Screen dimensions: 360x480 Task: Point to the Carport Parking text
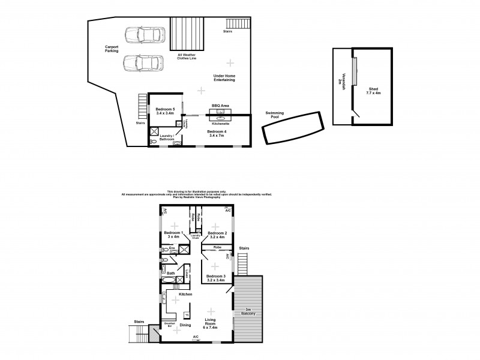click(112, 49)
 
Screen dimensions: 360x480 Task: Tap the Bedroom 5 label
click(164, 110)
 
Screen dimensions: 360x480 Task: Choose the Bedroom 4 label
click(217, 133)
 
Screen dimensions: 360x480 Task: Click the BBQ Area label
click(221, 105)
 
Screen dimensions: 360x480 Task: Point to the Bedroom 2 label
click(217, 234)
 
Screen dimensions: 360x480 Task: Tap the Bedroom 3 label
click(217, 278)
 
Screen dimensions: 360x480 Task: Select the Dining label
click(185, 325)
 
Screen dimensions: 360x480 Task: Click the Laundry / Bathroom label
click(166, 137)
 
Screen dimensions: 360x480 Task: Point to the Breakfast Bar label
click(169, 325)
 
